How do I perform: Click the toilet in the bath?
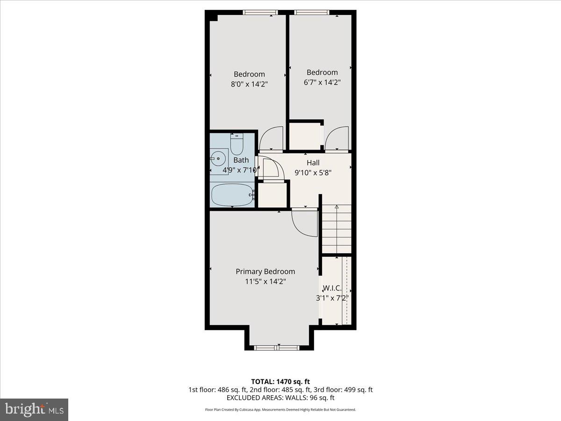click(237, 145)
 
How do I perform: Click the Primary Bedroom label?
click(265, 271)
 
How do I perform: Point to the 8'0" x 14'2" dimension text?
click(249, 84)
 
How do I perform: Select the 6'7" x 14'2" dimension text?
click(322, 82)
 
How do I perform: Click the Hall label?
click(313, 163)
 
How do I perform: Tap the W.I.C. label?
click(332, 289)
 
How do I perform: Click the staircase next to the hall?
click(337, 229)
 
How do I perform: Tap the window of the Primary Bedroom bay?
click(276, 348)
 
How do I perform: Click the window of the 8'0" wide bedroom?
click(260, 13)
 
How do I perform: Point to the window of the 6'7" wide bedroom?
click(312, 13)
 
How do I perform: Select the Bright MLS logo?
click(34, 410)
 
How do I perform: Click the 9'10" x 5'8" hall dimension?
click(313, 172)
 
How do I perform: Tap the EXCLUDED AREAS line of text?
click(280, 398)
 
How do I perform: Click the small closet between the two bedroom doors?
click(305, 136)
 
